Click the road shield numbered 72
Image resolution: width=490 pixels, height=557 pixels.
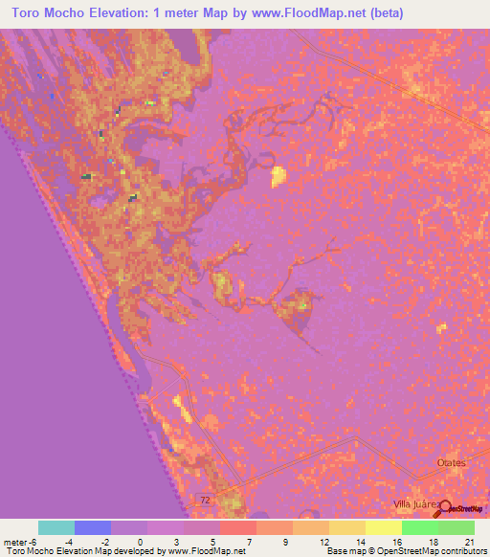click(x=203, y=501)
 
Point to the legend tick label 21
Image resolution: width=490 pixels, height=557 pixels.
click(x=469, y=542)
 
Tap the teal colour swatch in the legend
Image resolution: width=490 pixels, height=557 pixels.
click(x=56, y=527)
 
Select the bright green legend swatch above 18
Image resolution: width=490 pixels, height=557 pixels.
click(x=419, y=527)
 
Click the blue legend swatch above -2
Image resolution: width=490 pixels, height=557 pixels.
click(x=92, y=527)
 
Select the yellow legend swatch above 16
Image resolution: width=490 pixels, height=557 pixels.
click(x=383, y=527)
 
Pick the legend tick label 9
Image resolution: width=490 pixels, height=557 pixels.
click(x=287, y=542)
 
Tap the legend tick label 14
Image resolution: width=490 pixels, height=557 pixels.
click(x=360, y=542)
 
